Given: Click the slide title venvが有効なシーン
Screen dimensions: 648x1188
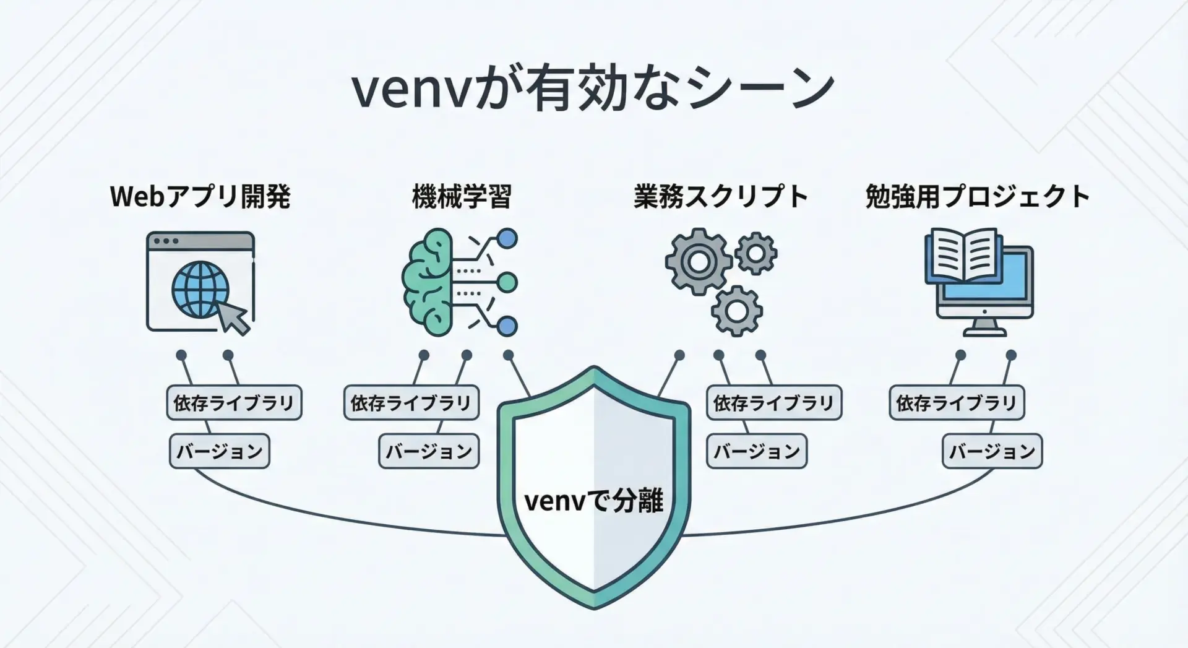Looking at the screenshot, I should coord(593,90).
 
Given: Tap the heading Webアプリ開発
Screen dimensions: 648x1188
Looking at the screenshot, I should coord(200,197).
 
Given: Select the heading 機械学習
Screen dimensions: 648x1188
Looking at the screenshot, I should coord(462,197).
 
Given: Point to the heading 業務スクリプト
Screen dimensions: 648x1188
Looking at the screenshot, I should coord(721,197).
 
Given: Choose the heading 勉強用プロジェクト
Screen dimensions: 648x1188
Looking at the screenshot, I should coord(978,197).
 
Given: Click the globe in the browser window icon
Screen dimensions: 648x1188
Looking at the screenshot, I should coord(200,289).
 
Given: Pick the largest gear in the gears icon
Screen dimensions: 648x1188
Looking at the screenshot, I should coord(698,261).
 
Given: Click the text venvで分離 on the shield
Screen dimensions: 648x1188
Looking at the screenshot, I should coord(593,501).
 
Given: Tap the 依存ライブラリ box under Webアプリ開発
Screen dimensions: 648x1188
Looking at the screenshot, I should coord(234,403).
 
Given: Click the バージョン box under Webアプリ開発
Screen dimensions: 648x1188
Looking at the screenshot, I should coord(220,451).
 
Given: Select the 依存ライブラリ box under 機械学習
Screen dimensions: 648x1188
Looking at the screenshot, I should coord(411,403).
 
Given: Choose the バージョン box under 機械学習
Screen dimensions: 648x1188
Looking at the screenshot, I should coord(429,451).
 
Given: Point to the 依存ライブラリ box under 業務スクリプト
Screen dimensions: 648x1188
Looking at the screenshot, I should coord(774,403).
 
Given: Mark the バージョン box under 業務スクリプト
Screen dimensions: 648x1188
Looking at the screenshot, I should coord(757,451).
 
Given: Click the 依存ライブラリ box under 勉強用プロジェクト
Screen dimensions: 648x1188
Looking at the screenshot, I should coord(957,403).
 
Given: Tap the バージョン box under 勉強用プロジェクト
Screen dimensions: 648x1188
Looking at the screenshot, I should coord(992,451).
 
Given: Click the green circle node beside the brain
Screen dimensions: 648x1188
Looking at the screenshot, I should coord(507,283).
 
